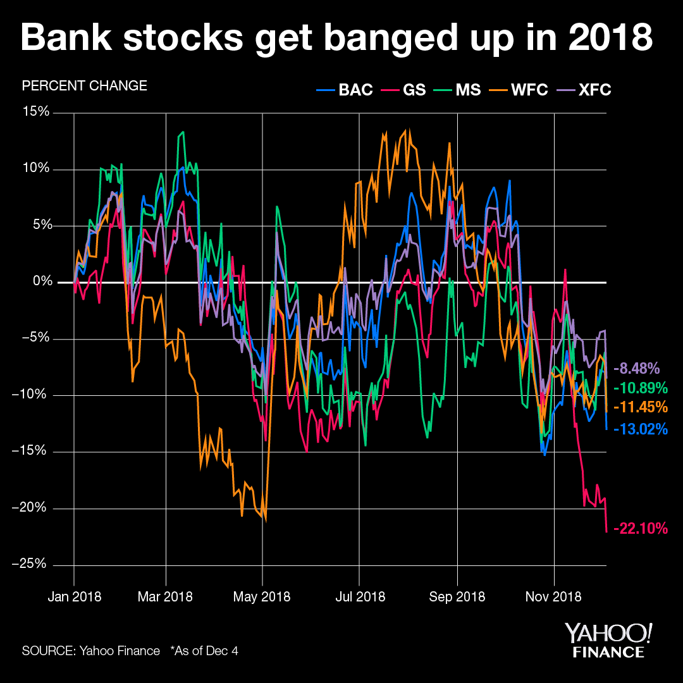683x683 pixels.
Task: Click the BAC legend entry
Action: [345, 90]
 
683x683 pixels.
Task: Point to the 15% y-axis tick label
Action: [36, 113]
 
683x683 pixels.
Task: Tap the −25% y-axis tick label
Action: [32, 565]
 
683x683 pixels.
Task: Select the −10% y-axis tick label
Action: [32, 395]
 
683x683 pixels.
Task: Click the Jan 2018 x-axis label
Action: [74, 596]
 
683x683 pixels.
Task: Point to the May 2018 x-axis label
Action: [262, 596]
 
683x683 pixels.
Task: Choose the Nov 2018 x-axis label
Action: [554, 596]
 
